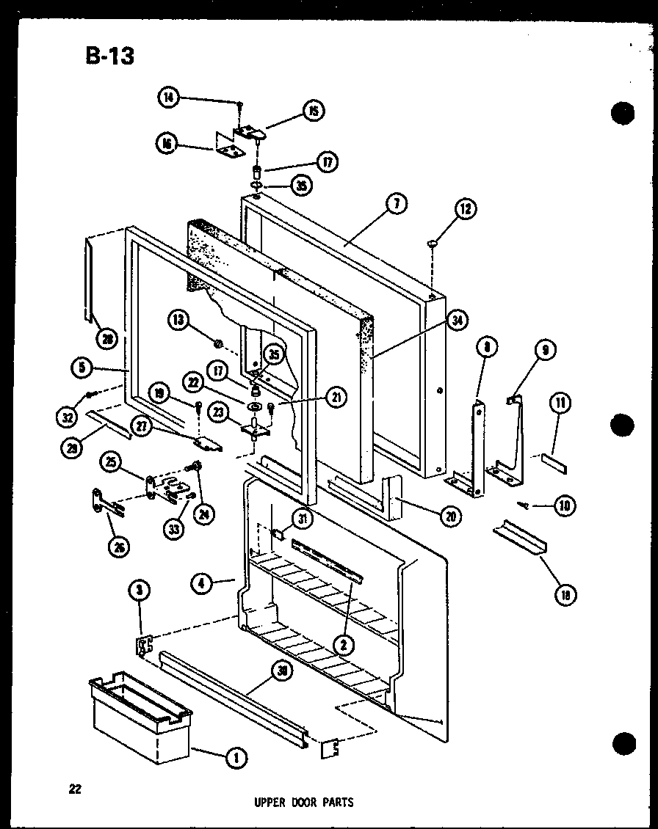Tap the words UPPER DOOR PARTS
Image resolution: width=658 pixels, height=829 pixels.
tap(303, 802)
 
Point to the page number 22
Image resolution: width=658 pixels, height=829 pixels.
tap(75, 789)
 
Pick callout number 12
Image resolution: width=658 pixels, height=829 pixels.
tap(465, 211)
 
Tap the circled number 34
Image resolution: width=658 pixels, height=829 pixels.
tap(458, 321)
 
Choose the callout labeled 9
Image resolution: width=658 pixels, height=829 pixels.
tap(544, 351)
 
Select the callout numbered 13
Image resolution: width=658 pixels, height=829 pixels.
tap(179, 320)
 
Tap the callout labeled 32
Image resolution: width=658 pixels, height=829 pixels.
tap(68, 417)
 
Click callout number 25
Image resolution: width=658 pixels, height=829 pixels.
tap(111, 463)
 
